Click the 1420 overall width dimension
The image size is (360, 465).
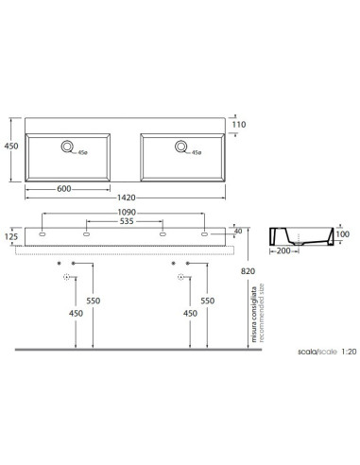127,198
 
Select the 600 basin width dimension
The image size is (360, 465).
64,189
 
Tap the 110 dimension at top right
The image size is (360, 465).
239,125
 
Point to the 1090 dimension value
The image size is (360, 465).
127,213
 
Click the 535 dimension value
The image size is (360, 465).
127,221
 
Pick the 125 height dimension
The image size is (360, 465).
11,236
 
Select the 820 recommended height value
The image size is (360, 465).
248,271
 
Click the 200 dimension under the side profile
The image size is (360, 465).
283,251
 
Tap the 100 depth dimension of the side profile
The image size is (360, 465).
342,234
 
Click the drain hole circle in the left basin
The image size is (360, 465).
67,146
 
